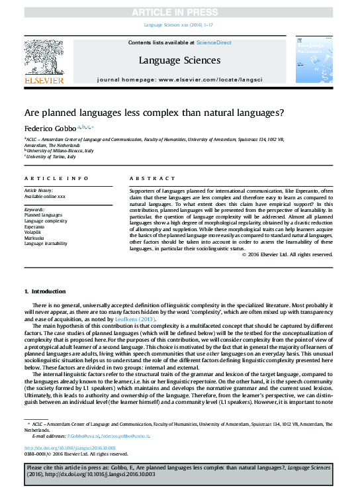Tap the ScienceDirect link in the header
tap(214, 42)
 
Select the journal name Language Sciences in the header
tap(179, 60)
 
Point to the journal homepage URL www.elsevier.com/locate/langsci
tap(210, 79)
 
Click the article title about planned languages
tap(154, 112)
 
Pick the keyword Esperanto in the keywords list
tap(36, 226)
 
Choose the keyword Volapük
tap(34, 232)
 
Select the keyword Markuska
tap(36, 238)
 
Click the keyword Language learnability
tap(46, 244)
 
